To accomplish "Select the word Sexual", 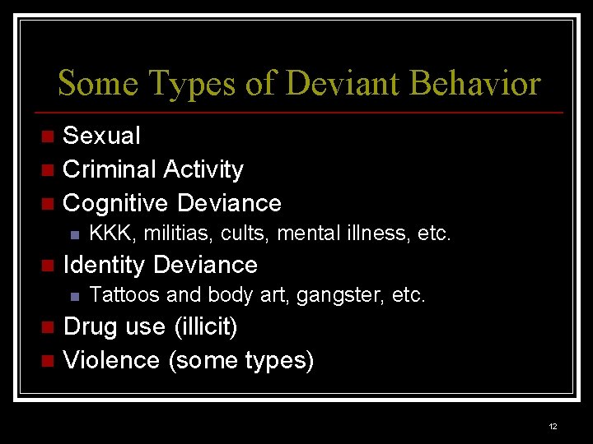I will [x=101, y=135].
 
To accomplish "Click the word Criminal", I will [x=109, y=169].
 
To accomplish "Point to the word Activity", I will [x=203, y=169].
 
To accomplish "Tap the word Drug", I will [x=91, y=326].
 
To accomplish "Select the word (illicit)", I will [x=205, y=327].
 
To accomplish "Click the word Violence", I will [x=111, y=360].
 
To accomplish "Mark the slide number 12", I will [x=553, y=426].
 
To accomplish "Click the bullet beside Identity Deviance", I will [x=48, y=266].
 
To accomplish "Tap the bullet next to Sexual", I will [x=48, y=136].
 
